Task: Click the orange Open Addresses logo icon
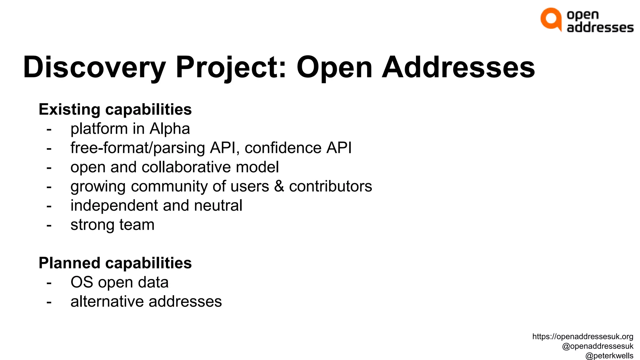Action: click(551, 19)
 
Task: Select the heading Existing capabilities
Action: click(115, 109)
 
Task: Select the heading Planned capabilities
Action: click(115, 263)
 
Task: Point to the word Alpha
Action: click(170, 129)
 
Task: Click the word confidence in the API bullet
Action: click(283, 148)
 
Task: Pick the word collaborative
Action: click(186, 167)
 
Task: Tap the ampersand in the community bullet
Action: click(279, 186)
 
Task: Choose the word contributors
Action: click(331, 186)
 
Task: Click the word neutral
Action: click(218, 206)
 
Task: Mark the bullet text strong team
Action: click(112, 225)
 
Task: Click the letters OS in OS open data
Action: click(82, 282)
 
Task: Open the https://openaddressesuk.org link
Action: click(583, 337)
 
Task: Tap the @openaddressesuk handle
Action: click(597, 346)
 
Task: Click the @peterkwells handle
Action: click(609, 356)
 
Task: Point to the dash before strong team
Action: click(49, 225)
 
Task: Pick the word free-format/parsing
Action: click(138, 148)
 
